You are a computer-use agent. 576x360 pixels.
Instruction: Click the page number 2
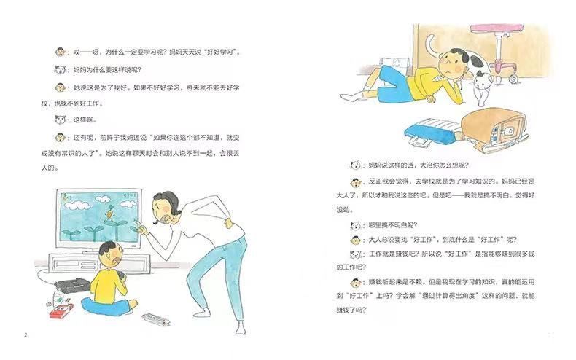[x=26, y=334]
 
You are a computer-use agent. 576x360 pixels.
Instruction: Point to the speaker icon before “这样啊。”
[x=60, y=119]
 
